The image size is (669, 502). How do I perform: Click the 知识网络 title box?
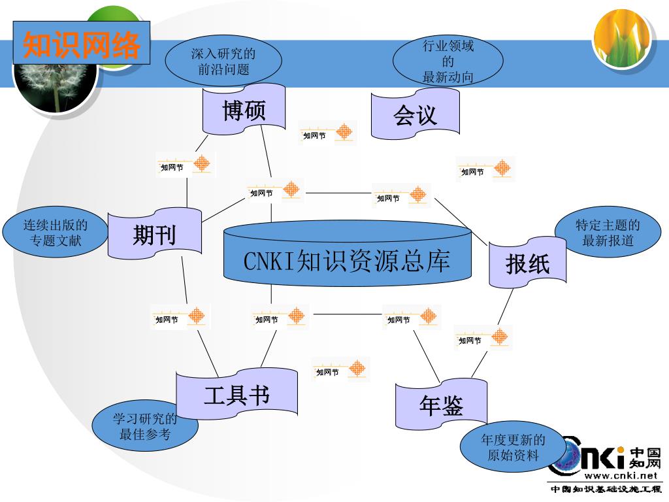click(x=82, y=43)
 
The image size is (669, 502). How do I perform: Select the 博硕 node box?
click(x=244, y=110)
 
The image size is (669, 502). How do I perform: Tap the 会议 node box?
click(x=415, y=114)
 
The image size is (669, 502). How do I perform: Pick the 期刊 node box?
click(x=155, y=233)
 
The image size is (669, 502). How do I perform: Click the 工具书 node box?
click(x=237, y=394)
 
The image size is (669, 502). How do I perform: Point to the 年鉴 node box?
click(x=441, y=405)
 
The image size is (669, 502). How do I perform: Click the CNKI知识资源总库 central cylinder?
click(x=347, y=260)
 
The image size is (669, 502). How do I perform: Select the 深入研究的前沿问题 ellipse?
click(x=223, y=61)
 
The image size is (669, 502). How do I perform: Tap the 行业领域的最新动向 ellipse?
click(x=448, y=61)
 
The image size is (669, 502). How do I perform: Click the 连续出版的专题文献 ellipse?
click(x=56, y=233)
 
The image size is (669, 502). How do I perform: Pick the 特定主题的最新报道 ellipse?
click(x=608, y=233)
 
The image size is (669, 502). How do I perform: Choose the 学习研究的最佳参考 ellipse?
click(x=144, y=426)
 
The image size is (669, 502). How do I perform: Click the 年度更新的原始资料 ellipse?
click(x=513, y=447)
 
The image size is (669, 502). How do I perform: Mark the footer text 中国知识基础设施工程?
click(x=606, y=489)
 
